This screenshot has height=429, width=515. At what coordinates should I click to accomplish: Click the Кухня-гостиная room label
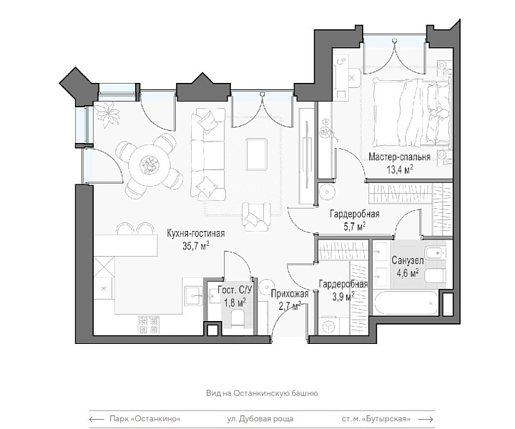tap(196, 233)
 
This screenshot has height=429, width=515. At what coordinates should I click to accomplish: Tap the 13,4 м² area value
tap(400, 169)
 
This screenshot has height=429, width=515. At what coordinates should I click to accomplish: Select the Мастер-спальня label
tap(399, 157)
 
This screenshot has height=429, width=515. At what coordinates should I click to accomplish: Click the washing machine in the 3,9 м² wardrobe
tap(328, 325)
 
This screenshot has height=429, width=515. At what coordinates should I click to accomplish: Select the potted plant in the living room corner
tap(107, 112)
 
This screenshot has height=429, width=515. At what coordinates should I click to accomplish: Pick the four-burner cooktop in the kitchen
tap(149, 325)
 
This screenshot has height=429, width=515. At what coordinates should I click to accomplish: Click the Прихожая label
tap(290, 294)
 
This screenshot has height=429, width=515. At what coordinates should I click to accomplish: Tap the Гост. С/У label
tap(235, 290)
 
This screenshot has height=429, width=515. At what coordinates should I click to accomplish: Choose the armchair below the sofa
tap(257, 217)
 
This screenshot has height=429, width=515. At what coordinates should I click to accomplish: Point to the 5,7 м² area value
tap(355, 227)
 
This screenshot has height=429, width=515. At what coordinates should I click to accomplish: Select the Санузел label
tap(407, 261)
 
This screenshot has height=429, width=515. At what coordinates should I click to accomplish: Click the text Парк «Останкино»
tap(145, 419)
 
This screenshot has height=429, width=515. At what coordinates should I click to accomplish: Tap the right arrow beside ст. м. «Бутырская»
tap(426, 419)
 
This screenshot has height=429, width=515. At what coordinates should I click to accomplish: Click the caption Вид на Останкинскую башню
tap(262, 393)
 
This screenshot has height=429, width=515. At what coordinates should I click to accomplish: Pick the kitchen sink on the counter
tap(193, 295)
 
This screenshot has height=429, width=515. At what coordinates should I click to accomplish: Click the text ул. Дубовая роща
tap(260, 419)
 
